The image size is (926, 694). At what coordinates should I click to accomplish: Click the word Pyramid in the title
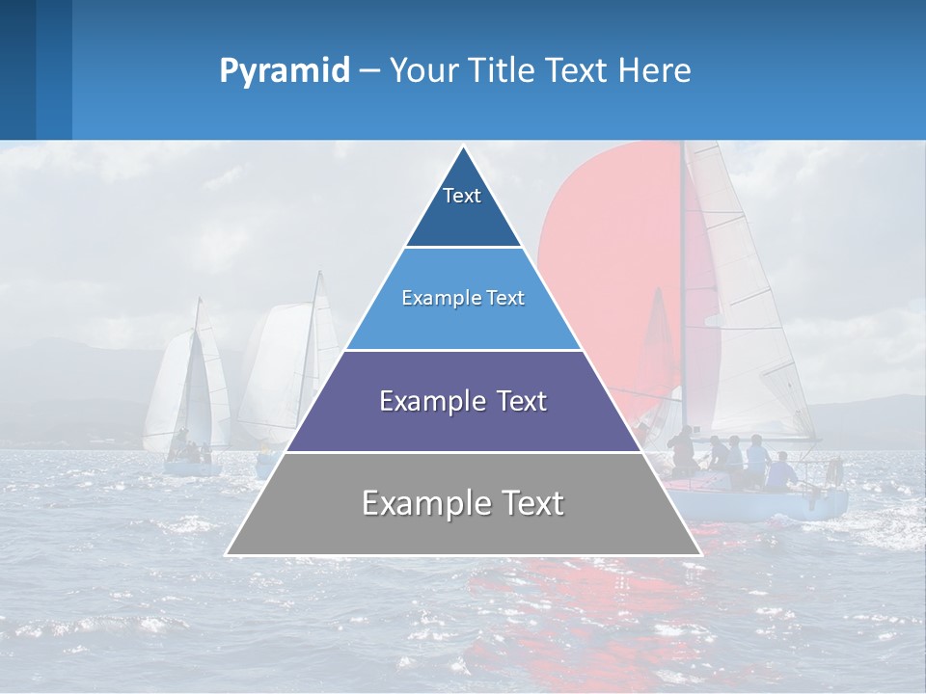coord(284,71)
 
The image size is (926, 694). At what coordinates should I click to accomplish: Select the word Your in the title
coord(422,71)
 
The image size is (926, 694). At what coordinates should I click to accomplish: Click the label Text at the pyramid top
coord(462,196)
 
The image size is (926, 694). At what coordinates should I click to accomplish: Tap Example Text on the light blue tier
coord(463,298)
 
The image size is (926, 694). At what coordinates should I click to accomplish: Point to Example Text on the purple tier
coord(463,401)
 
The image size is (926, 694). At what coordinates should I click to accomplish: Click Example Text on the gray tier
coord(463,503)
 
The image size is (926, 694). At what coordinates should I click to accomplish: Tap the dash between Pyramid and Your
coord(368,71)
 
